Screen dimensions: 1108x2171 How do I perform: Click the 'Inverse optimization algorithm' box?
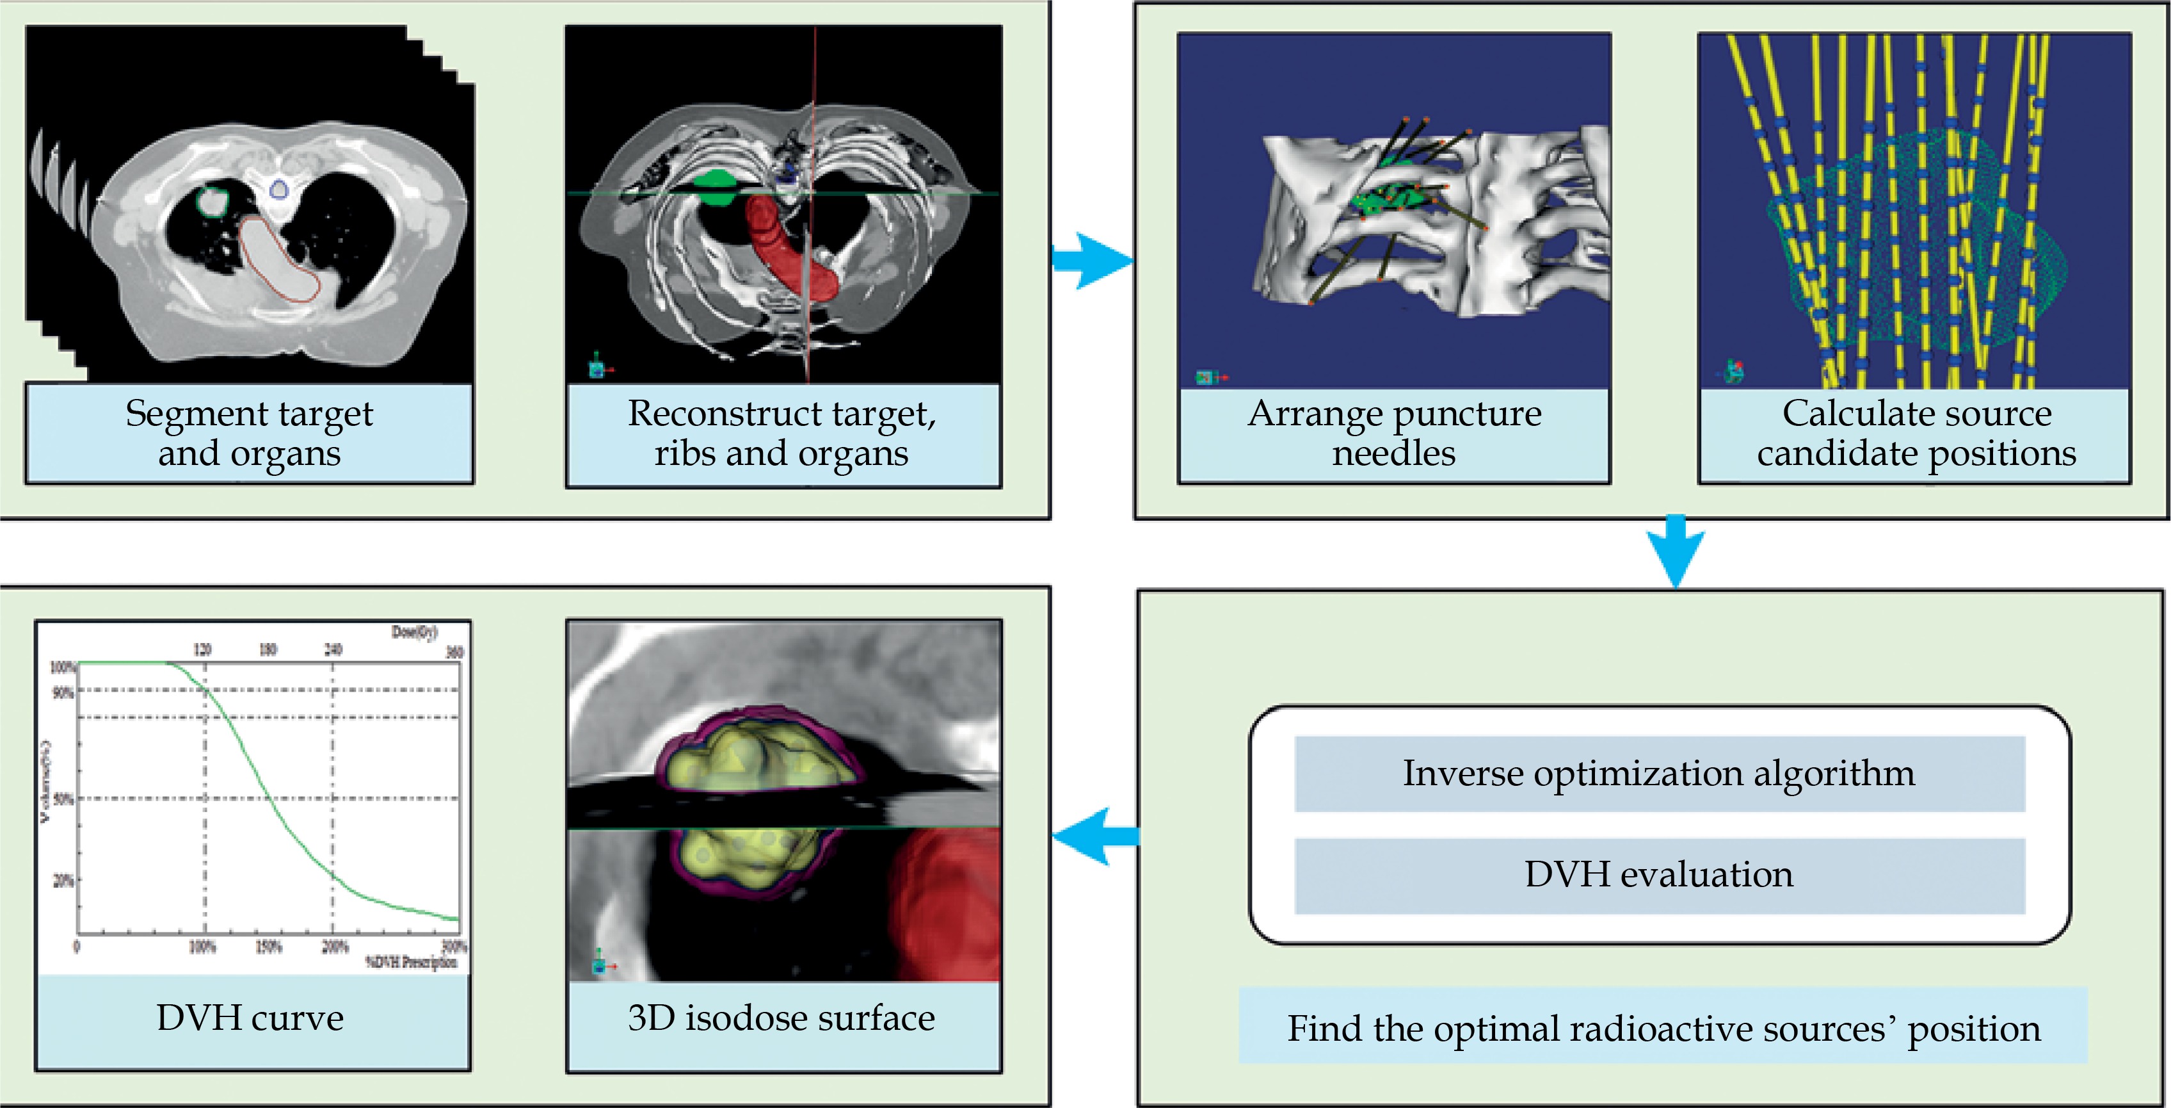coord(1658,773)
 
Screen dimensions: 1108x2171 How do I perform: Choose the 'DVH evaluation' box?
coord(1658,874)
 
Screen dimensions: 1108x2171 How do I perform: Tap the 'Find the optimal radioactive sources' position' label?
coord(1663,1028)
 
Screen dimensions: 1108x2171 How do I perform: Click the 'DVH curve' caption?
coord(250,1018)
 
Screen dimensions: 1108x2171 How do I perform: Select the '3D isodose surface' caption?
coord(781,1018)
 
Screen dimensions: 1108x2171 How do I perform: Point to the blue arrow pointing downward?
coord(1676,550)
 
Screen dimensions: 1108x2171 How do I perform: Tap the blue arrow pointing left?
coord(1094,836)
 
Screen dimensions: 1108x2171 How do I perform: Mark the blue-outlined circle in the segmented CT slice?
coord(279,189)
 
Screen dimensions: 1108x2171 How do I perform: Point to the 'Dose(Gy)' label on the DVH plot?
coord(414,632)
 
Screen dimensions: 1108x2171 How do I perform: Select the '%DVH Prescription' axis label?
coord(412,962)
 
